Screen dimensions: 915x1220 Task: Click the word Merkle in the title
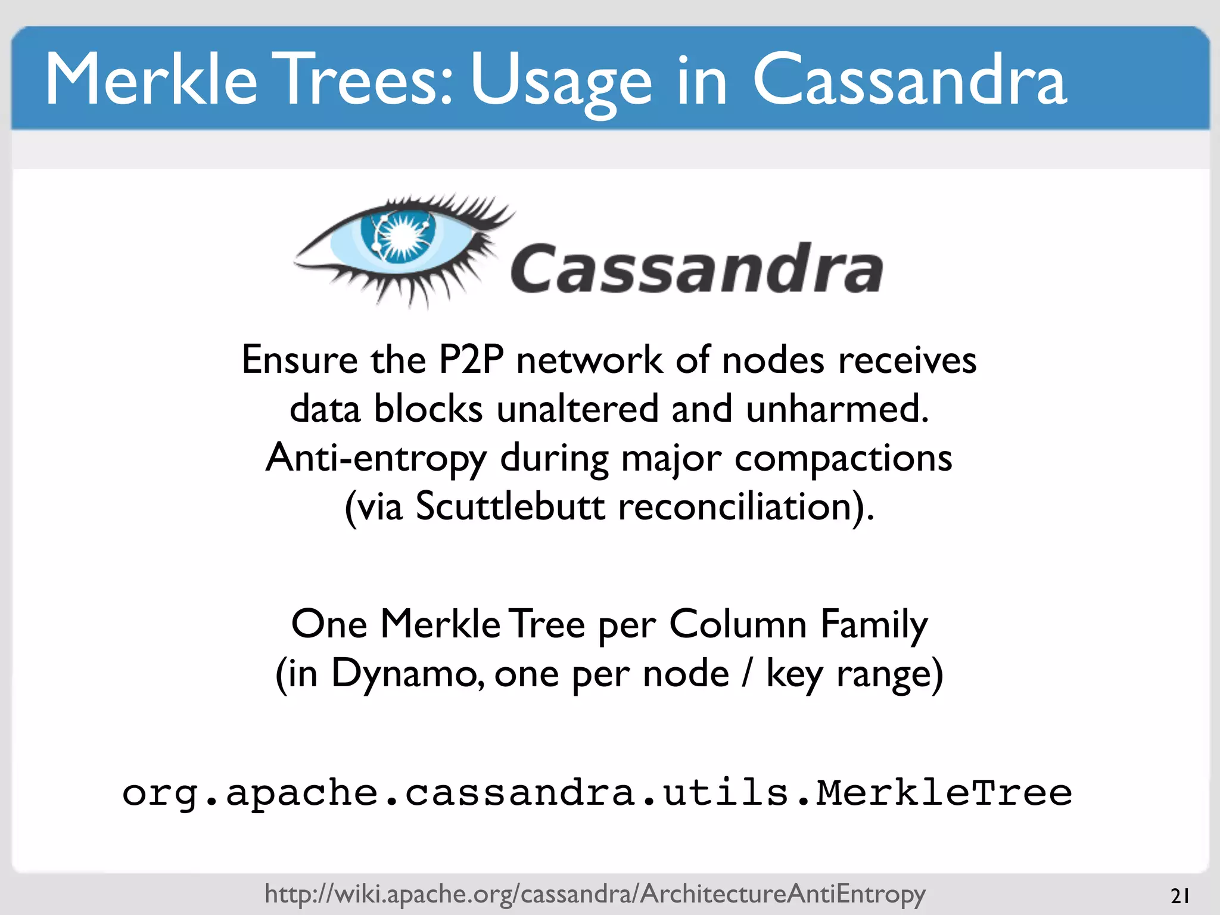click(151, 80)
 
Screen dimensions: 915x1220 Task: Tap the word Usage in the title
click(561, 82)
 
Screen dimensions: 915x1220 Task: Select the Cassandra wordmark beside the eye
click(696, 269)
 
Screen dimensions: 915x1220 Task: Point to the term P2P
click(471, 360)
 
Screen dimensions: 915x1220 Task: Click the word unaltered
click(577, 409)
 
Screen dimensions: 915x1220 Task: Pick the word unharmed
click(837, 409)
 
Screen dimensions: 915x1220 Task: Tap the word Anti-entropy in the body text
click(376, 459)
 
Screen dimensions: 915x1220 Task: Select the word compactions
click(843, 459)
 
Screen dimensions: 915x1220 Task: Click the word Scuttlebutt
click(510, 507)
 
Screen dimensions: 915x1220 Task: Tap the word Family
click(874, 625)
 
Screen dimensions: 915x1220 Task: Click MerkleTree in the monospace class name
click(944, 793)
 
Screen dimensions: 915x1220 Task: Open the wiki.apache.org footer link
click(595, 894)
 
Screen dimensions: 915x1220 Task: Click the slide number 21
click(1179, 896)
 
